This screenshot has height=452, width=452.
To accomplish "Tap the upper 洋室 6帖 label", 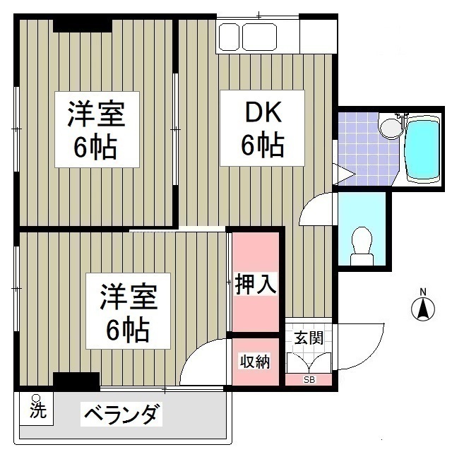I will click(x=96, y=130).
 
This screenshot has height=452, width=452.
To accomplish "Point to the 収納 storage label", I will click(x=255, y=362).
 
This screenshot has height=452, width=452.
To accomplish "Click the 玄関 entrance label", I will click(x=309, y=338).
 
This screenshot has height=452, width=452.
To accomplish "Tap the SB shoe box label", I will click(x=309, y=380).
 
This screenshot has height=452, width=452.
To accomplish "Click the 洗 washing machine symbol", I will click(x=36, y=409).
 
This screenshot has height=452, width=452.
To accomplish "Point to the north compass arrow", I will click(x=423, y=309).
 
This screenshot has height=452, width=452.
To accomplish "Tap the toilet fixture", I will click(x=362, y=244).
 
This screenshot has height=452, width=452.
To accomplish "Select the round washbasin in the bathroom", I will click(x=389, y=127).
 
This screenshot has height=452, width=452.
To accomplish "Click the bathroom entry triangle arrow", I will click(x=344, y=174).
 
